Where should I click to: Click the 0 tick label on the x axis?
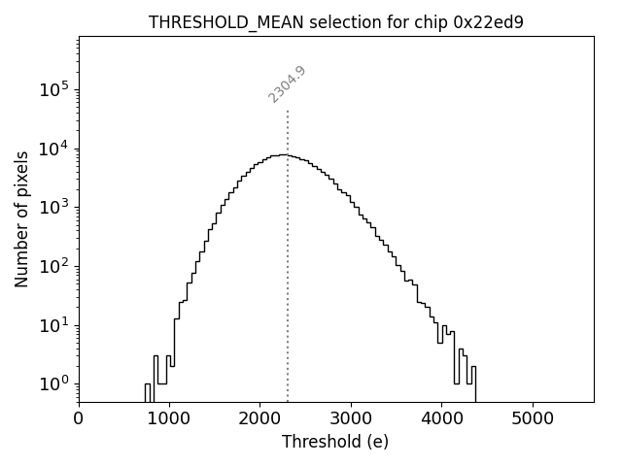pos(79,418)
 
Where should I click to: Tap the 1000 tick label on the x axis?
pos(169,418)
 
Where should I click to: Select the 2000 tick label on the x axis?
pos(259,418)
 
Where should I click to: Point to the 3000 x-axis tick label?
pos(351,418)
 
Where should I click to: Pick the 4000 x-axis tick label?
pos(441,418)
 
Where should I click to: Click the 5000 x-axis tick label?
pos(532,418)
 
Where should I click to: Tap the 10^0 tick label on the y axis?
pos(53,383)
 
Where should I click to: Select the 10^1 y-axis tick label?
pos(53,324)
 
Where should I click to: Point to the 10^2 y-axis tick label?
pos(53,266)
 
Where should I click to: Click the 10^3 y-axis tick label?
pos(53,207)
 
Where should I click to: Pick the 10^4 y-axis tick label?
pos(53,148)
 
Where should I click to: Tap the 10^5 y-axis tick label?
pos(53,89)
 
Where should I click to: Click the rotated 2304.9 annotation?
pos(288,84)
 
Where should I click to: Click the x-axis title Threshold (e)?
pos(335,442)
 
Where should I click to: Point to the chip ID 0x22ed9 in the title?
pos(488,22)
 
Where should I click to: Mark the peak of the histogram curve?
pos(282,154)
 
